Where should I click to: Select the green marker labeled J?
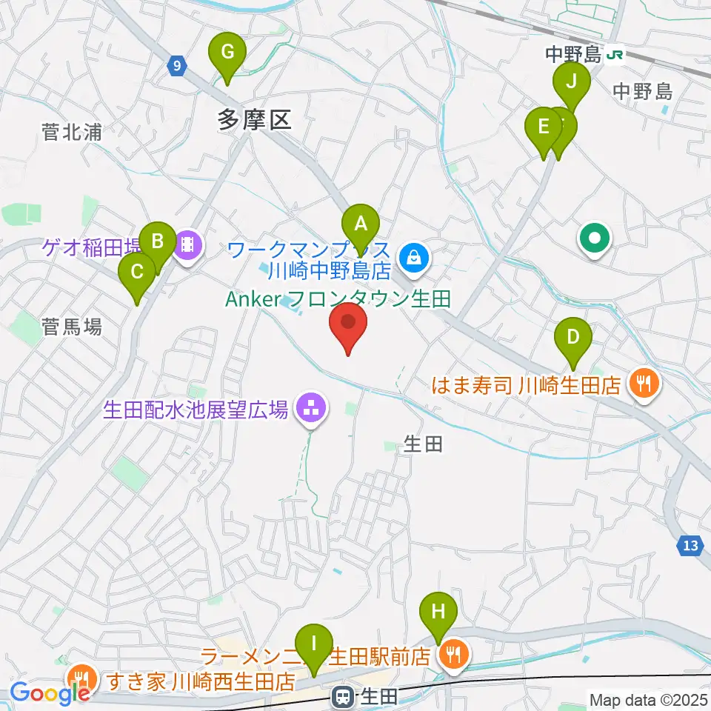pos(571,82)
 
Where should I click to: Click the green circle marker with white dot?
pos(595,238)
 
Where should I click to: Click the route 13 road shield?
pos(690,546)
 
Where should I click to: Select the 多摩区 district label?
pos(255,118)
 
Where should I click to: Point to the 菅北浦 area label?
pos(72,133)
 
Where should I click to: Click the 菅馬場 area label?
pos(72,326)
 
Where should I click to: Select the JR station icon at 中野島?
pos(614,53)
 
